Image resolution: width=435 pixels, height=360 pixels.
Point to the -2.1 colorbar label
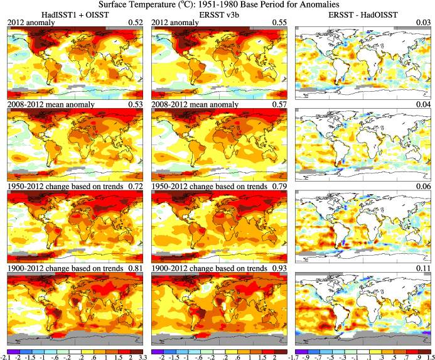pyautogui.click(x=8, y=356)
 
